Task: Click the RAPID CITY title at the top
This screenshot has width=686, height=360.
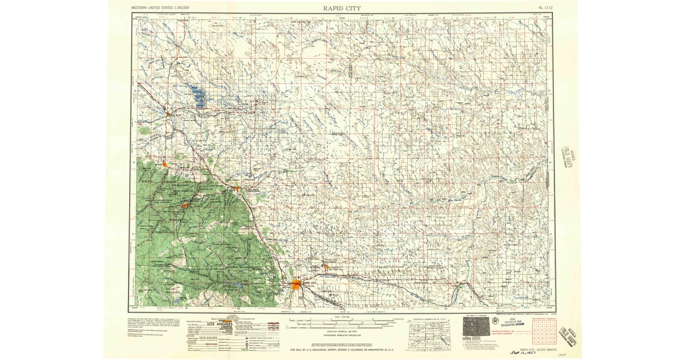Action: pyautogui.click(x=341, y=7)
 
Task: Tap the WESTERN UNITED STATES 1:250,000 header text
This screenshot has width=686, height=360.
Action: pyautogui.click(x=161, y=8)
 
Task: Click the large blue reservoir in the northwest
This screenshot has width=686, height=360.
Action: pyautogui.click(x=197, y=96)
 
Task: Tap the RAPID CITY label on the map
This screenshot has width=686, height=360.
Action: pyautogui.click(x=309, y=283)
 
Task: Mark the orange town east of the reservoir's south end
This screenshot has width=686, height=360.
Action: pyautogui.click(x=168, y=114)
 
